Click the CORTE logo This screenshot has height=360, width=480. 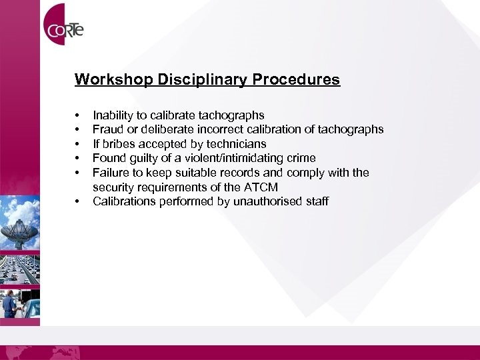click(x=64, y=29)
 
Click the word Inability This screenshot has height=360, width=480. click(x=111, y=115)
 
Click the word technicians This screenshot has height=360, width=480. click(x=236, y=144)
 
